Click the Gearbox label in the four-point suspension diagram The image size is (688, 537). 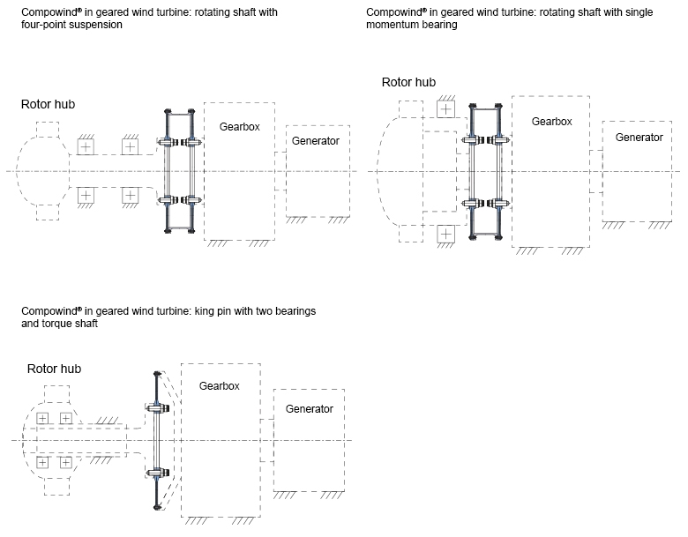coord(239,127)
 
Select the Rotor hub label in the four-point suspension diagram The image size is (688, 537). coord(48,104)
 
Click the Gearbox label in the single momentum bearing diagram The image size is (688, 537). coord(551,122)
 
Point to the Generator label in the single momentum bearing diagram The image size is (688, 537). coord(639,138)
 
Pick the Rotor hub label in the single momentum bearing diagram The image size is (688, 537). coord(408,82)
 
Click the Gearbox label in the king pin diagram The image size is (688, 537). coord(219,385)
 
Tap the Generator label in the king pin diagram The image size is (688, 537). coord(309,409)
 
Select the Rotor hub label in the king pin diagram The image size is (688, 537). coord(54,369)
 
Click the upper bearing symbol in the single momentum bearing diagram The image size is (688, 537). coord(446,109)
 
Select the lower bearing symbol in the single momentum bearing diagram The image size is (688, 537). coord(446,234)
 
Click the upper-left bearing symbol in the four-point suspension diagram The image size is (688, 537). coord(86,146)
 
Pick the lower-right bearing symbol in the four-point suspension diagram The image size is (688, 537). coord(131,195)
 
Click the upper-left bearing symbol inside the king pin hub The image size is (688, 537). coord(42,418)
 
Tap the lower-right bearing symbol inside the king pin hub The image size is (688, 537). coord(65,461)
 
